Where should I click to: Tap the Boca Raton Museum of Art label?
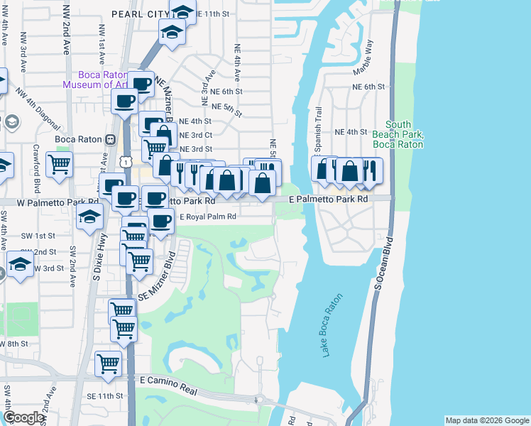(x=95, y=79)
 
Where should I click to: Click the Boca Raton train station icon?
(x=110, y=139)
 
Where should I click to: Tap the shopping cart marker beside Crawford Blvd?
(x=60, y=164)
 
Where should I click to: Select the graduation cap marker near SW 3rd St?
(x=20, y=266)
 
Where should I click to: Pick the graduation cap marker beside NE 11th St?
(x=182, y=12)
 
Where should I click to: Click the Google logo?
(x=23, y=417)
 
